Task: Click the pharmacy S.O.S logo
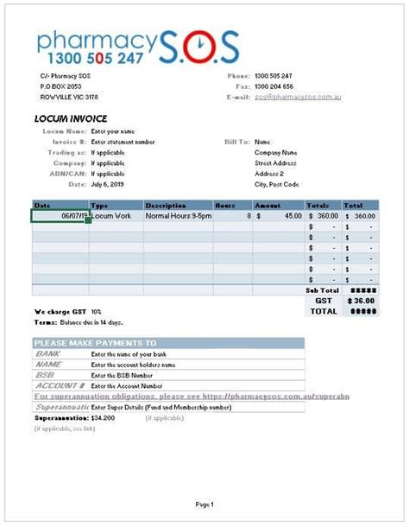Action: (137, 48)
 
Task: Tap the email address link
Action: (298, 98)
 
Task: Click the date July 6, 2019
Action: (107, 184)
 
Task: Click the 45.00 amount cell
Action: (285, 216)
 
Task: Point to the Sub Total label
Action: (321, 290)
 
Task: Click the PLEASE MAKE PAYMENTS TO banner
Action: (95, 343)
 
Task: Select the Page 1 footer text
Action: (204, 504)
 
